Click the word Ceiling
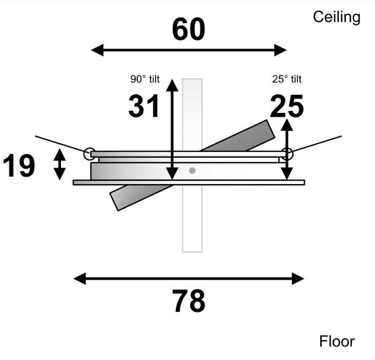[337, 17]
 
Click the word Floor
[337, 342]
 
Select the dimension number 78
[189, 301]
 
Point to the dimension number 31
[143, 106]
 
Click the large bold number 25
[287, 106]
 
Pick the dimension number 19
[19, 166]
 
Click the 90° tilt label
[145, 79]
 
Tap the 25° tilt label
[287, 79]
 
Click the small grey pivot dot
[192, 170]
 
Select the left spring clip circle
[90, 154]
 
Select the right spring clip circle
[287, 154]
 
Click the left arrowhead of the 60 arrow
[97, 50]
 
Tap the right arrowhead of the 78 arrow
[298, 278]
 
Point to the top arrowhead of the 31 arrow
[172, 85]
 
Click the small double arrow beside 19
[59, 164]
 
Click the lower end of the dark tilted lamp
[114, 202]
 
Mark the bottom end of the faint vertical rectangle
[192, 252]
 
